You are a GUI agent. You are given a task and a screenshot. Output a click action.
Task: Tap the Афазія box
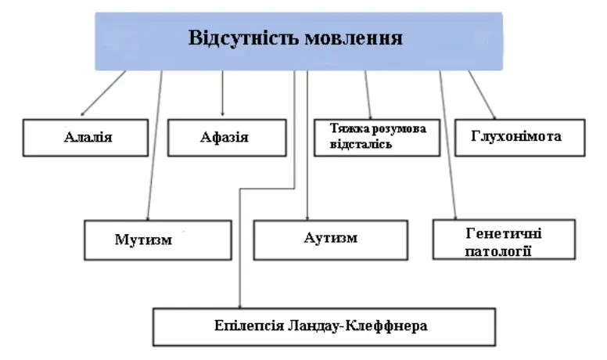point(224,137)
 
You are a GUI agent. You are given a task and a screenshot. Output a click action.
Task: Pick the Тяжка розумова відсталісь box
point(376,137)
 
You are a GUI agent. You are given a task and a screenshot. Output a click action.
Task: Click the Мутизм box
point(157,239)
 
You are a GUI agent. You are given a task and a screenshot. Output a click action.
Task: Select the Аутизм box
point(330,239)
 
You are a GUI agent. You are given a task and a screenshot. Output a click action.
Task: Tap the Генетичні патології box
point(503,239)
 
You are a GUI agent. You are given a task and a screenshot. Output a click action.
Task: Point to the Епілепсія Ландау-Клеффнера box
point(324,326)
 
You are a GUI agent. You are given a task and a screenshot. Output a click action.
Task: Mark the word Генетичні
point(504,233)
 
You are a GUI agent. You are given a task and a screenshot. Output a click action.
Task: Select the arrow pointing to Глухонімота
point(483,95)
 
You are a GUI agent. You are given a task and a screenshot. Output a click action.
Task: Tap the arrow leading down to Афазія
point(223,94)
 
